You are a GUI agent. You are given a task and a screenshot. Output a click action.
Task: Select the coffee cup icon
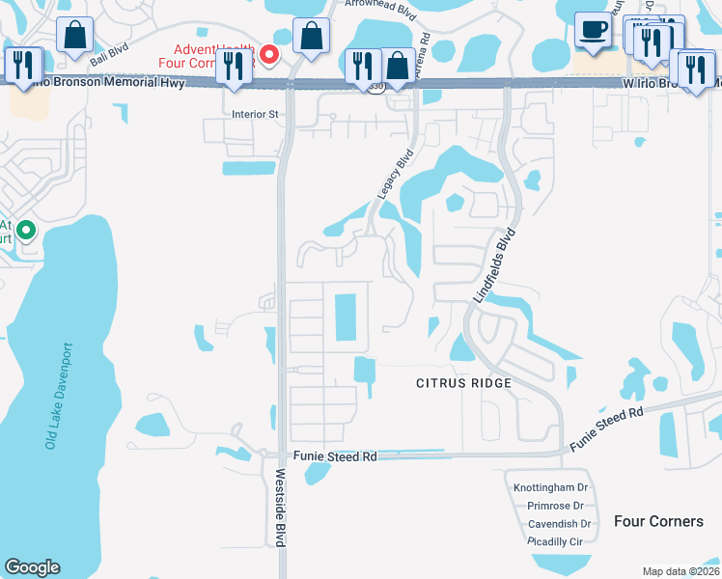(x=593, y=29)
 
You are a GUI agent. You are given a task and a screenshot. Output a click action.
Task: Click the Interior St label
(x=255, y=114)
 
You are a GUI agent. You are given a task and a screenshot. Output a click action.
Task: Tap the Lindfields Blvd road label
(x=495, y=266)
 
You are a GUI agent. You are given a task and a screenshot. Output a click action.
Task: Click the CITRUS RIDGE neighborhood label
(x=463, y=383)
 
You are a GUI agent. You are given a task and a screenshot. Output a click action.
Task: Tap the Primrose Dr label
(x=556, y=506)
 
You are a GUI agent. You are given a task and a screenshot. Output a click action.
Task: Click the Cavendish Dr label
(x=559, y=524)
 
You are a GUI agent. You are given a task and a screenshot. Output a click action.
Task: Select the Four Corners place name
(x=659, y=521)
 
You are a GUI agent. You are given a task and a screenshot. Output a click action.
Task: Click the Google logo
(x=33, y=567)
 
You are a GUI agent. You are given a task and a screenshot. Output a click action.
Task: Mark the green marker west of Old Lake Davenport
(x=27, y=232)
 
